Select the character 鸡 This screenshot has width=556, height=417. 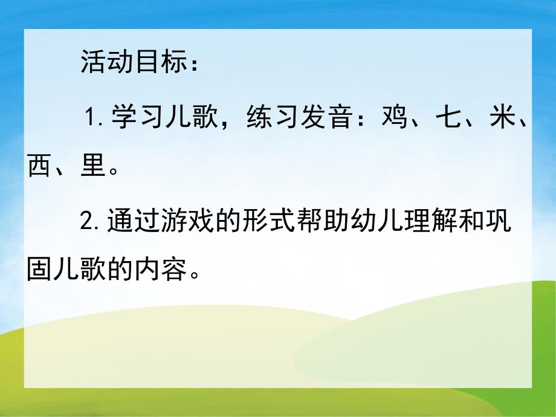[395, 117]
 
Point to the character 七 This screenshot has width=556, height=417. [448, 117]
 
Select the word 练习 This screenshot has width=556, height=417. [271, 117]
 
